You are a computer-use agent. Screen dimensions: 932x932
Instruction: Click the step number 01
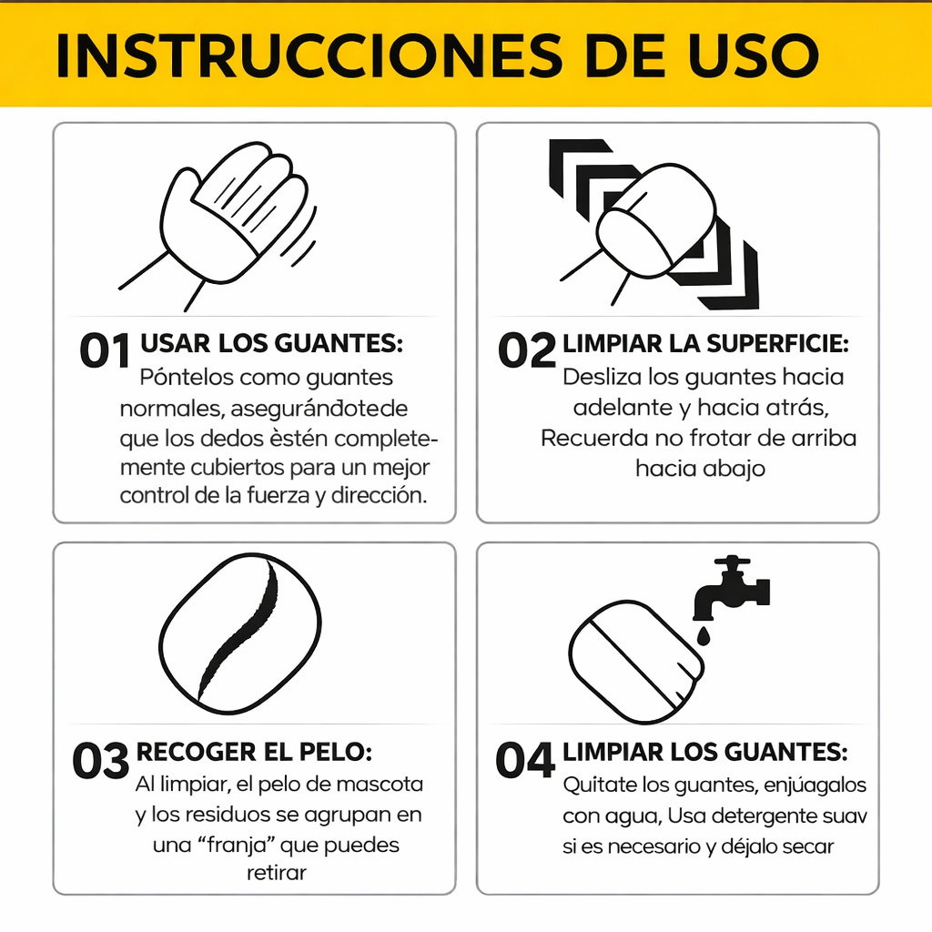point(105,351)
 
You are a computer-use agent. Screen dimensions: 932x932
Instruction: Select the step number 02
point(526,351)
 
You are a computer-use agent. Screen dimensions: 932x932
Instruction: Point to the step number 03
point(100,761)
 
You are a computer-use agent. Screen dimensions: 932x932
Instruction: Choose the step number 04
point(525,761)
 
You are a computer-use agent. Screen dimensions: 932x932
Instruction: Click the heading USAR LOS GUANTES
point(271,344)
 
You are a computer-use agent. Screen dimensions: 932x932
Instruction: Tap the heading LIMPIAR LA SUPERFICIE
point(705,344)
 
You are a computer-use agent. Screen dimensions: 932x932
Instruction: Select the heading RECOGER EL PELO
point(254,753)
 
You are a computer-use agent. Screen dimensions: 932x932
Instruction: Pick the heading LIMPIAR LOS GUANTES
point(704,753)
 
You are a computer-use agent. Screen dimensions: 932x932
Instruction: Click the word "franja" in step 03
point(228,845)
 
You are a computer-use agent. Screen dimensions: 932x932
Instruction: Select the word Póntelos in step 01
point(186,377)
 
